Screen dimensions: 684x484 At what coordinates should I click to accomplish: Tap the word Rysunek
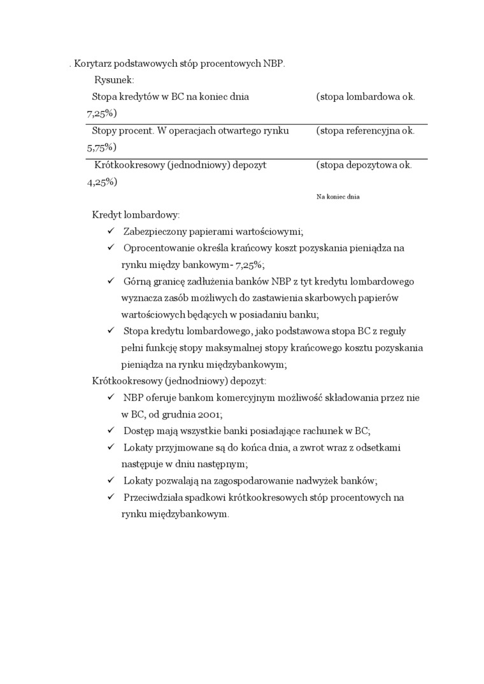point(114,80)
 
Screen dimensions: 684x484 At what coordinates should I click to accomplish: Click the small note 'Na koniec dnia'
point(338,197)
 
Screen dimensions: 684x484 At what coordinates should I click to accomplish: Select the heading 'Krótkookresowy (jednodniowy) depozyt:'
point(179,380)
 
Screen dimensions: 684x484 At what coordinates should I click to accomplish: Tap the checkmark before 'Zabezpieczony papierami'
point(111,231)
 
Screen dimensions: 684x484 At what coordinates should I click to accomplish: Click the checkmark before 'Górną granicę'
point(111,281)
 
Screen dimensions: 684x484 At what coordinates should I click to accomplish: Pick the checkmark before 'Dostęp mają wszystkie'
point(111,430)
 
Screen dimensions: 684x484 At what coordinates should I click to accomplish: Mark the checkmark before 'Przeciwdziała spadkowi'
point(111,497)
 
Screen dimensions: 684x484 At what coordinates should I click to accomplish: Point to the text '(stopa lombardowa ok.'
point(365,97)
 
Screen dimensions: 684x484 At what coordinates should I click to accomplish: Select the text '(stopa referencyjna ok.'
point(365,130)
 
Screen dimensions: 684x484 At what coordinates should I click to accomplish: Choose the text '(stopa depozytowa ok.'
point(364,164)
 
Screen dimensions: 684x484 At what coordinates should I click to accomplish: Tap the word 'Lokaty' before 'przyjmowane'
point(138,447)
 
